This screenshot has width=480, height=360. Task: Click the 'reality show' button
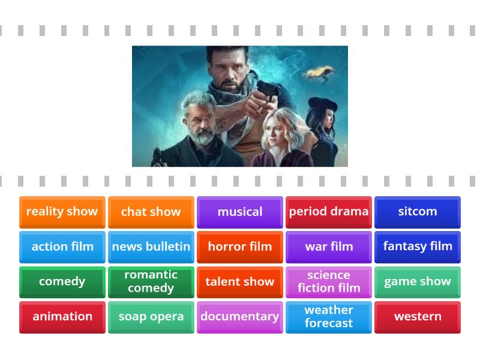tap(62, 212)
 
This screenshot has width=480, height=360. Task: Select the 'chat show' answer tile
tap(151, 212)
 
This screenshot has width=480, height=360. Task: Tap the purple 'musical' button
tap(239, 212)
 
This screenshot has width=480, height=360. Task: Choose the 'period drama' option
tap(328, 212)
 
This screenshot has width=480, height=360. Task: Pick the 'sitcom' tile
tap(417, 212)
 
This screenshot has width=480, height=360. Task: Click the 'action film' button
tap(62, 247)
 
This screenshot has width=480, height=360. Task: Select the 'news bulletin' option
tap(151, 247)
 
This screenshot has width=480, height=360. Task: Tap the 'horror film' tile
tap(239, 247)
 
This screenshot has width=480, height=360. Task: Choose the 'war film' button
tap(328, 247)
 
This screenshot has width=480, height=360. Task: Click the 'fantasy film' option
tap(417, 247)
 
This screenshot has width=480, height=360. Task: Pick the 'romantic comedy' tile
tap(151, 281)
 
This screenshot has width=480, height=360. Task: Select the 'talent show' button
tap(239, 281)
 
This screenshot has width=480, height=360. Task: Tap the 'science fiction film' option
tap(328, 281)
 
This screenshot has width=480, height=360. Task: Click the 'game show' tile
tap(417, 281)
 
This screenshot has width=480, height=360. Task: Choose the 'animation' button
tap(62, 316)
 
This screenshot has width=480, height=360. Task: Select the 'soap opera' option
tap(151, 316)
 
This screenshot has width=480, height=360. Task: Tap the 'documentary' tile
tap(239, 316)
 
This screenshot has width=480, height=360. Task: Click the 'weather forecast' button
tap(328, 316)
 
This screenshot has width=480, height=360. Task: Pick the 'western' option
tap(417, 316)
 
